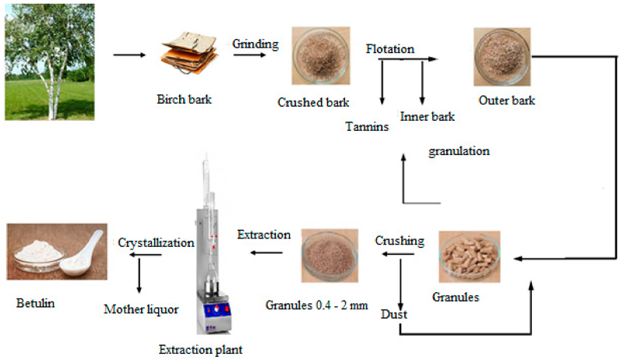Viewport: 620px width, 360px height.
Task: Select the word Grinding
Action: point(255,44)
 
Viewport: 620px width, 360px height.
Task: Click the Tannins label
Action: point(367,127)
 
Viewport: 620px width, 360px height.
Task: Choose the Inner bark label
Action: point(428,117)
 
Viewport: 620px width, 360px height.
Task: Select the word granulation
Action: point(459,151)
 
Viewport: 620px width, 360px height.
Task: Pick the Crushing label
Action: point(400,241)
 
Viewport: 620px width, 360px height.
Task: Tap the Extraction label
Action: point(264,235)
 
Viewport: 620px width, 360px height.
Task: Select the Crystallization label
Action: point(156,242)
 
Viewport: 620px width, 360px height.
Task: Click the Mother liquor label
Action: point(141,309)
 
